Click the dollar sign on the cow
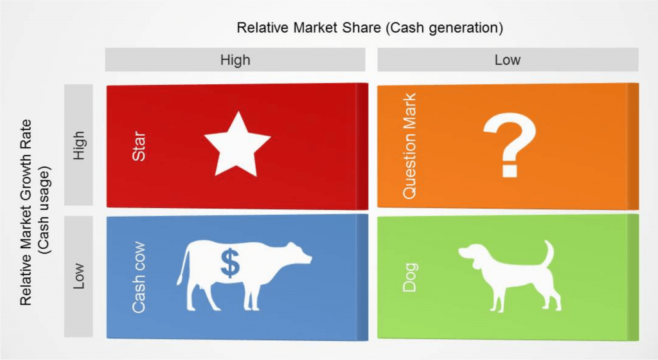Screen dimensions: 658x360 tap(230, 263)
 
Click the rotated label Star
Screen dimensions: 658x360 tap(139, 147)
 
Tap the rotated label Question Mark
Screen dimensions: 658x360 tap(409, 145)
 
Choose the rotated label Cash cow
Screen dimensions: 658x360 tap(139, 277)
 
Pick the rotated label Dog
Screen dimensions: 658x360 tap(410, 277)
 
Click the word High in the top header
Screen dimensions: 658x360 tap(235, 60)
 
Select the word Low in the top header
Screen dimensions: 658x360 tap(508, 60)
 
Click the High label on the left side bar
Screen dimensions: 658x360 tap(79, 145)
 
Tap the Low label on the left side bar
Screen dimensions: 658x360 tap(79, 276)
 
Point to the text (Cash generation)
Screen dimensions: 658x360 tap(444, 28)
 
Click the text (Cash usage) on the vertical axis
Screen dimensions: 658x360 tap(44, 210)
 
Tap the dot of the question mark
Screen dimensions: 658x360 tap(510, 170)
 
